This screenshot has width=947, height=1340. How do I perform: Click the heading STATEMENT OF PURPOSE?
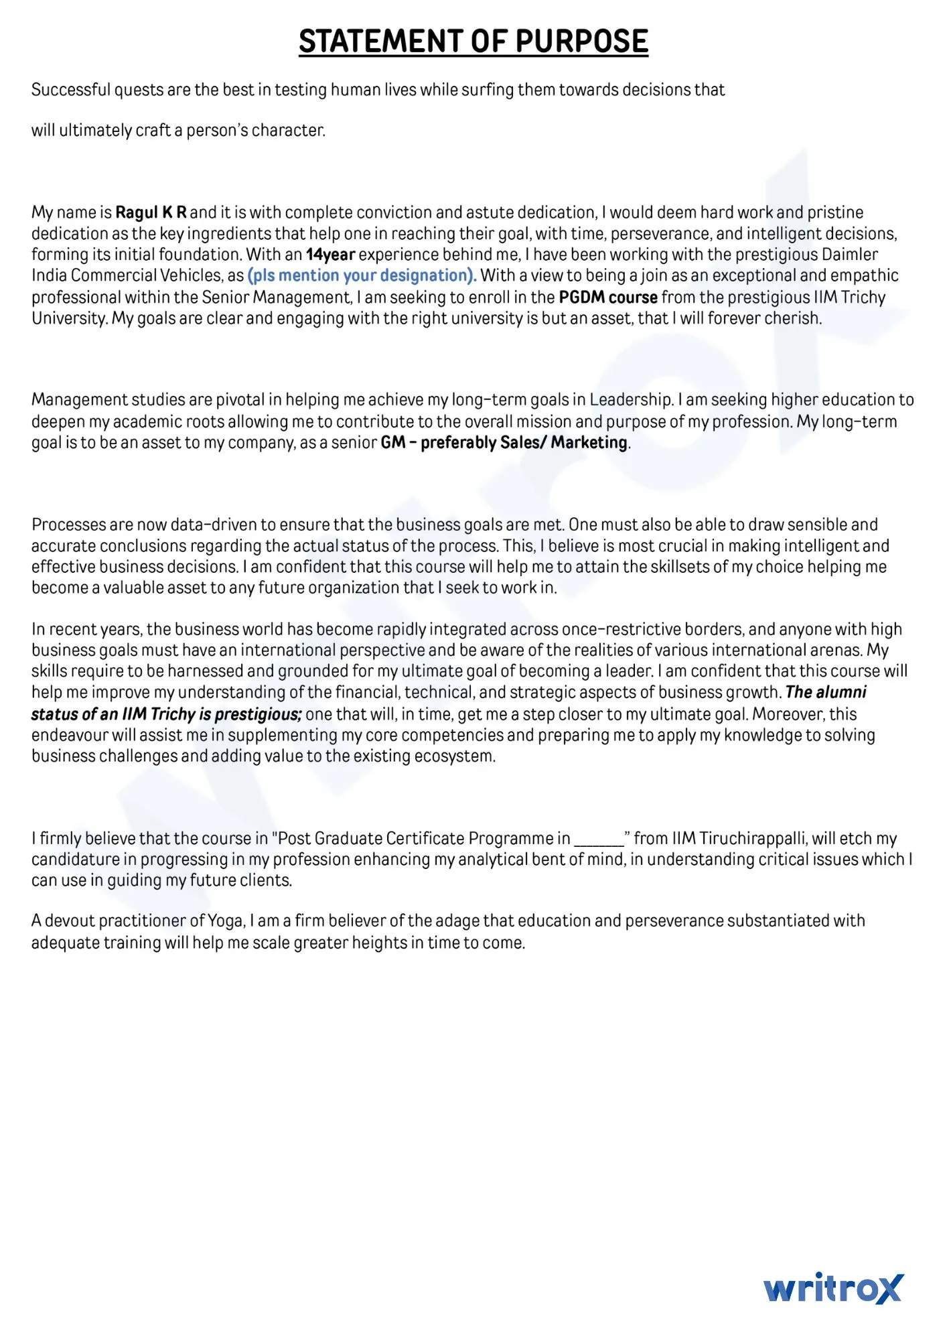(x=473, y=42)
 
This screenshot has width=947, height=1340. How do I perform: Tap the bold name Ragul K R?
(x=151, y=212)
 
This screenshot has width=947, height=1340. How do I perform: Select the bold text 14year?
(x=330, y=255)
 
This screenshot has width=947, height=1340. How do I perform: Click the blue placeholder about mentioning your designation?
(x=362, y=275)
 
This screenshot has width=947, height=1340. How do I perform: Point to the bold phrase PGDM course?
(x=607, y=297)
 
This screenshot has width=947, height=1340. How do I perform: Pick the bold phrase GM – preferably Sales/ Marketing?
(x=504, y=442)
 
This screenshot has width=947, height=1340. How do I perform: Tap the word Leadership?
(x=631, y=400)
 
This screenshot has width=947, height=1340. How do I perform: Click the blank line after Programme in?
(x=599, y=840)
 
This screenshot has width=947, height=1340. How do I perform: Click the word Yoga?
(x=226, y=921)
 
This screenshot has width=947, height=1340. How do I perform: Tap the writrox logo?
(x=833, y=1288)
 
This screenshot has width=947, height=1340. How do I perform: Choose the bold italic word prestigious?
(x=258, y=714)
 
